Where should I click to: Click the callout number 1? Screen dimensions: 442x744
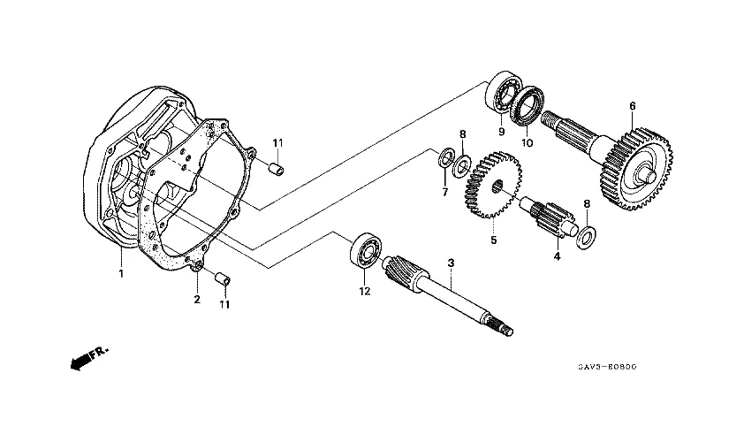pyautogui.click(x=122, y=273)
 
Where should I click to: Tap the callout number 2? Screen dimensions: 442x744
pyautogui.click(x=197, y=300)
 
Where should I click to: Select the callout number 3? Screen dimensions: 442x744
pyautogui.click(x=451, y=263)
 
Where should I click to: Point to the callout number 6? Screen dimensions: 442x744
pyautogui.click(x=633, y=106)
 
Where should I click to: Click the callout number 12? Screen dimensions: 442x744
pyautogui.click(x=362, y=291)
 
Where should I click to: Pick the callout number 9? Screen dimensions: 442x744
pyautogui.click(x=500, y=132)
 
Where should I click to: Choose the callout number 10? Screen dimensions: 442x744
pyautogui.click(x=528, y=143)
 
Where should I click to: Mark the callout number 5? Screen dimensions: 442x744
pyautogui.click(x=494, y=240)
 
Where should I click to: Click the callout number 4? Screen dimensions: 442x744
pyautogui.click(x=557, y=256)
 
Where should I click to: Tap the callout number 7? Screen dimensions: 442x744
pyautogui.click(x=444, y=192)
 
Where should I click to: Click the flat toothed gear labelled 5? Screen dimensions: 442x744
pyautogui.click(x=491, y=186)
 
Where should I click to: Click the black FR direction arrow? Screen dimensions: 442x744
pyautogui.click(x=82, y=359)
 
